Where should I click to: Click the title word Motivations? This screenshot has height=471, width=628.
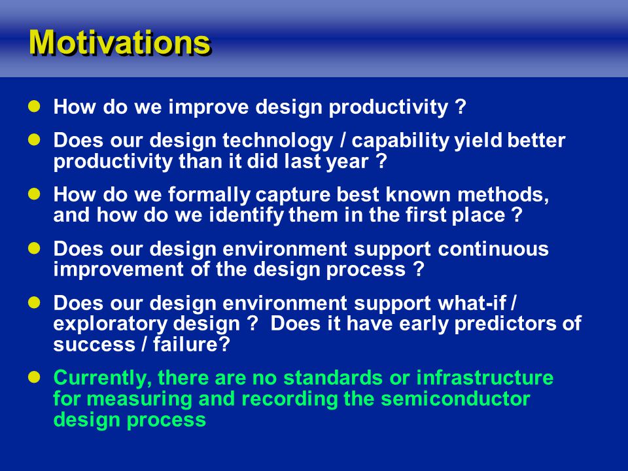tap(119, 42)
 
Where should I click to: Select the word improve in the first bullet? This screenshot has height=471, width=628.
tap(209, 107)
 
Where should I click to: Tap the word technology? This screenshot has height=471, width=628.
tap(277, 141)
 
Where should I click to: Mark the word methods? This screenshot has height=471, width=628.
tap(503, 195)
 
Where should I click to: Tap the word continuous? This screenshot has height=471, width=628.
tap(493, 249)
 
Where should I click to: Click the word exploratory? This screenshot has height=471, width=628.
tap(108, 324)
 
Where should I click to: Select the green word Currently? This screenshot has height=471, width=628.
tap(103, 378)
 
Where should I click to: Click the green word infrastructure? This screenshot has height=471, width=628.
tap(485, 377)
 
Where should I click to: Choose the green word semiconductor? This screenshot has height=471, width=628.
tap(455, 399)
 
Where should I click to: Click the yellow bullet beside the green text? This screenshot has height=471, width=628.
tap(35, 377)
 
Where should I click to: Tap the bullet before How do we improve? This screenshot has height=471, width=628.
tap(35, 106)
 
